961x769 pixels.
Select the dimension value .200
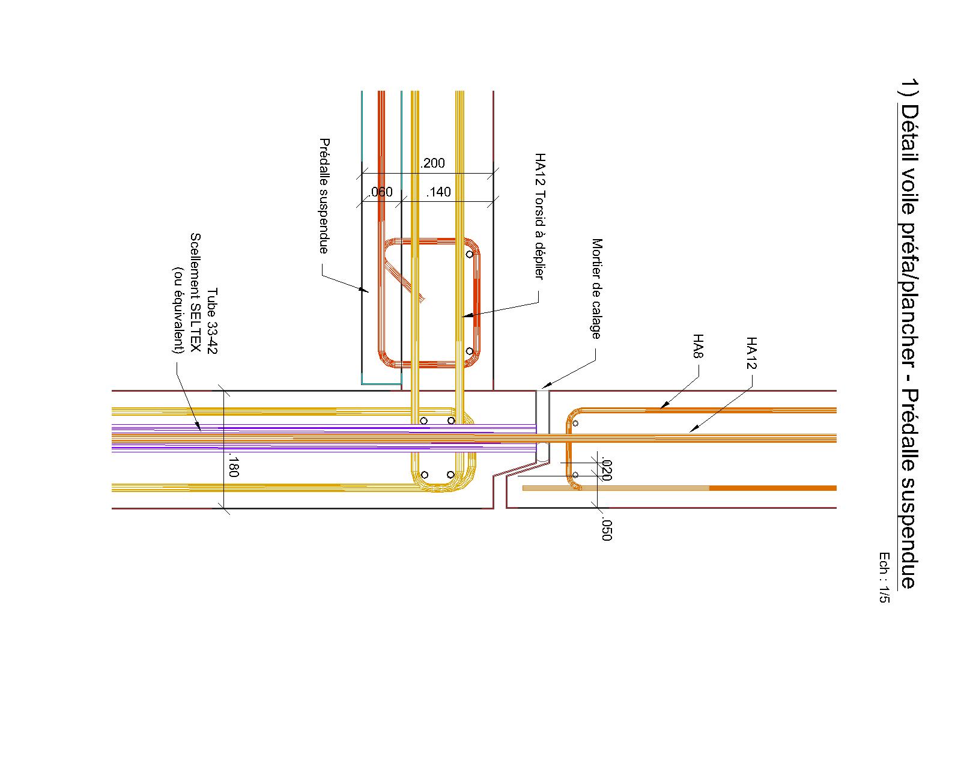[x=432, y=163]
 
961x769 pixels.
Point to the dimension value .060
[x=381, y=192]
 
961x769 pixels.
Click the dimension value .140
[x=438, y=192]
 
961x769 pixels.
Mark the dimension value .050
[x=605, y=529]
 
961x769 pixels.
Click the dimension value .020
[x=605, y=470]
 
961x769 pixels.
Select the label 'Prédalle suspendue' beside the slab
[x=324, y=196]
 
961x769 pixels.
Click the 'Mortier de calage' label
[x=596, y=288]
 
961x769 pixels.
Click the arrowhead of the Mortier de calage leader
[x=544, y=387]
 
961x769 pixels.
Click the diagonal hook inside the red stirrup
[x=404, y=279]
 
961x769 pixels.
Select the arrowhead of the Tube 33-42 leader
[x=199, y=428]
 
